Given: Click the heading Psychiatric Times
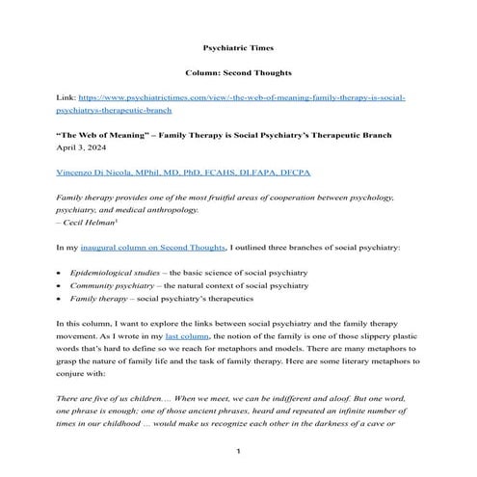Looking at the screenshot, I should click(x=238, y=45).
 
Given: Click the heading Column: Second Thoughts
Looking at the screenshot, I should click(x=238, y=72).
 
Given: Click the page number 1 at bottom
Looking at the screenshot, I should click(x=238, y=453).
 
